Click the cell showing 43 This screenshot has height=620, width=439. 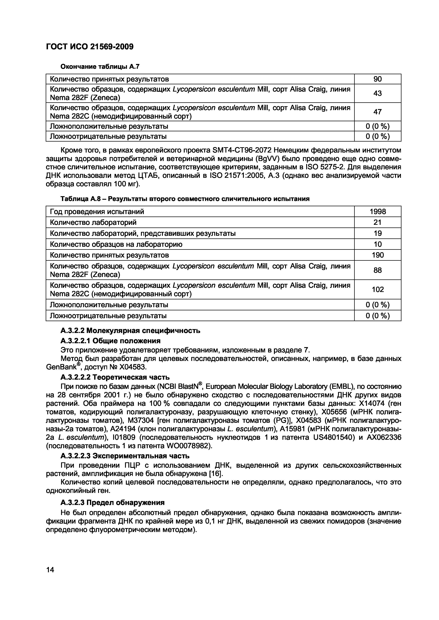[377, 93]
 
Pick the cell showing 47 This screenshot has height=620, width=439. [377, 112]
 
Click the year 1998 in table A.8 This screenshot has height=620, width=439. [378, 211]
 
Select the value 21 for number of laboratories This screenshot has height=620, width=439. [377, 222]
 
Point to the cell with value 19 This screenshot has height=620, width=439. [377, 233]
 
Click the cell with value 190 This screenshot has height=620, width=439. [378, 255]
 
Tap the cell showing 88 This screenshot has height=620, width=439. [377, 270]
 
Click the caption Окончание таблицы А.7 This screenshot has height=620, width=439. [100, 66]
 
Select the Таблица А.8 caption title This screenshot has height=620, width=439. [185, 199]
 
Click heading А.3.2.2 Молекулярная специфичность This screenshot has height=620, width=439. [130, 331]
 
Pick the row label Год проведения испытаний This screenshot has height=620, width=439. [97, 211]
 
